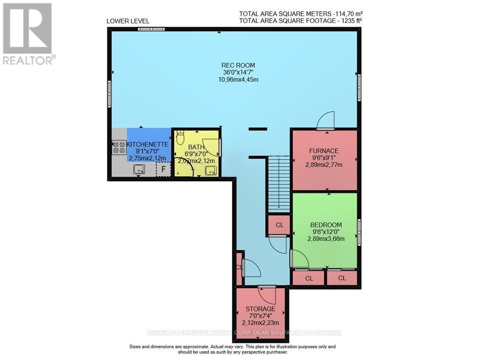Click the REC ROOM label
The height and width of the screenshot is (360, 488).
pos(238,65)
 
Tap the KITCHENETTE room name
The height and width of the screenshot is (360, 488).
pos(147,145)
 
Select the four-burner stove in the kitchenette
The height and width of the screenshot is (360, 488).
pos(119,147)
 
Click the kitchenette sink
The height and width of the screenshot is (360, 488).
pos(139,169)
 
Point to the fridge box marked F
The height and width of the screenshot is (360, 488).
pos(163,169)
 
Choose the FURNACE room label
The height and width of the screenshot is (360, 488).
pos(324,150)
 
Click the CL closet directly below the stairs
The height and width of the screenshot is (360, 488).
pos(280,225)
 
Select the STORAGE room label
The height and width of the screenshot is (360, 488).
pos(260,309)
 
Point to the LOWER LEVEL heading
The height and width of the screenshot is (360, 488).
pos(128,21)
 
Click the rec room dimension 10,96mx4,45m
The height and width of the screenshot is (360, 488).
pos(238,80)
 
